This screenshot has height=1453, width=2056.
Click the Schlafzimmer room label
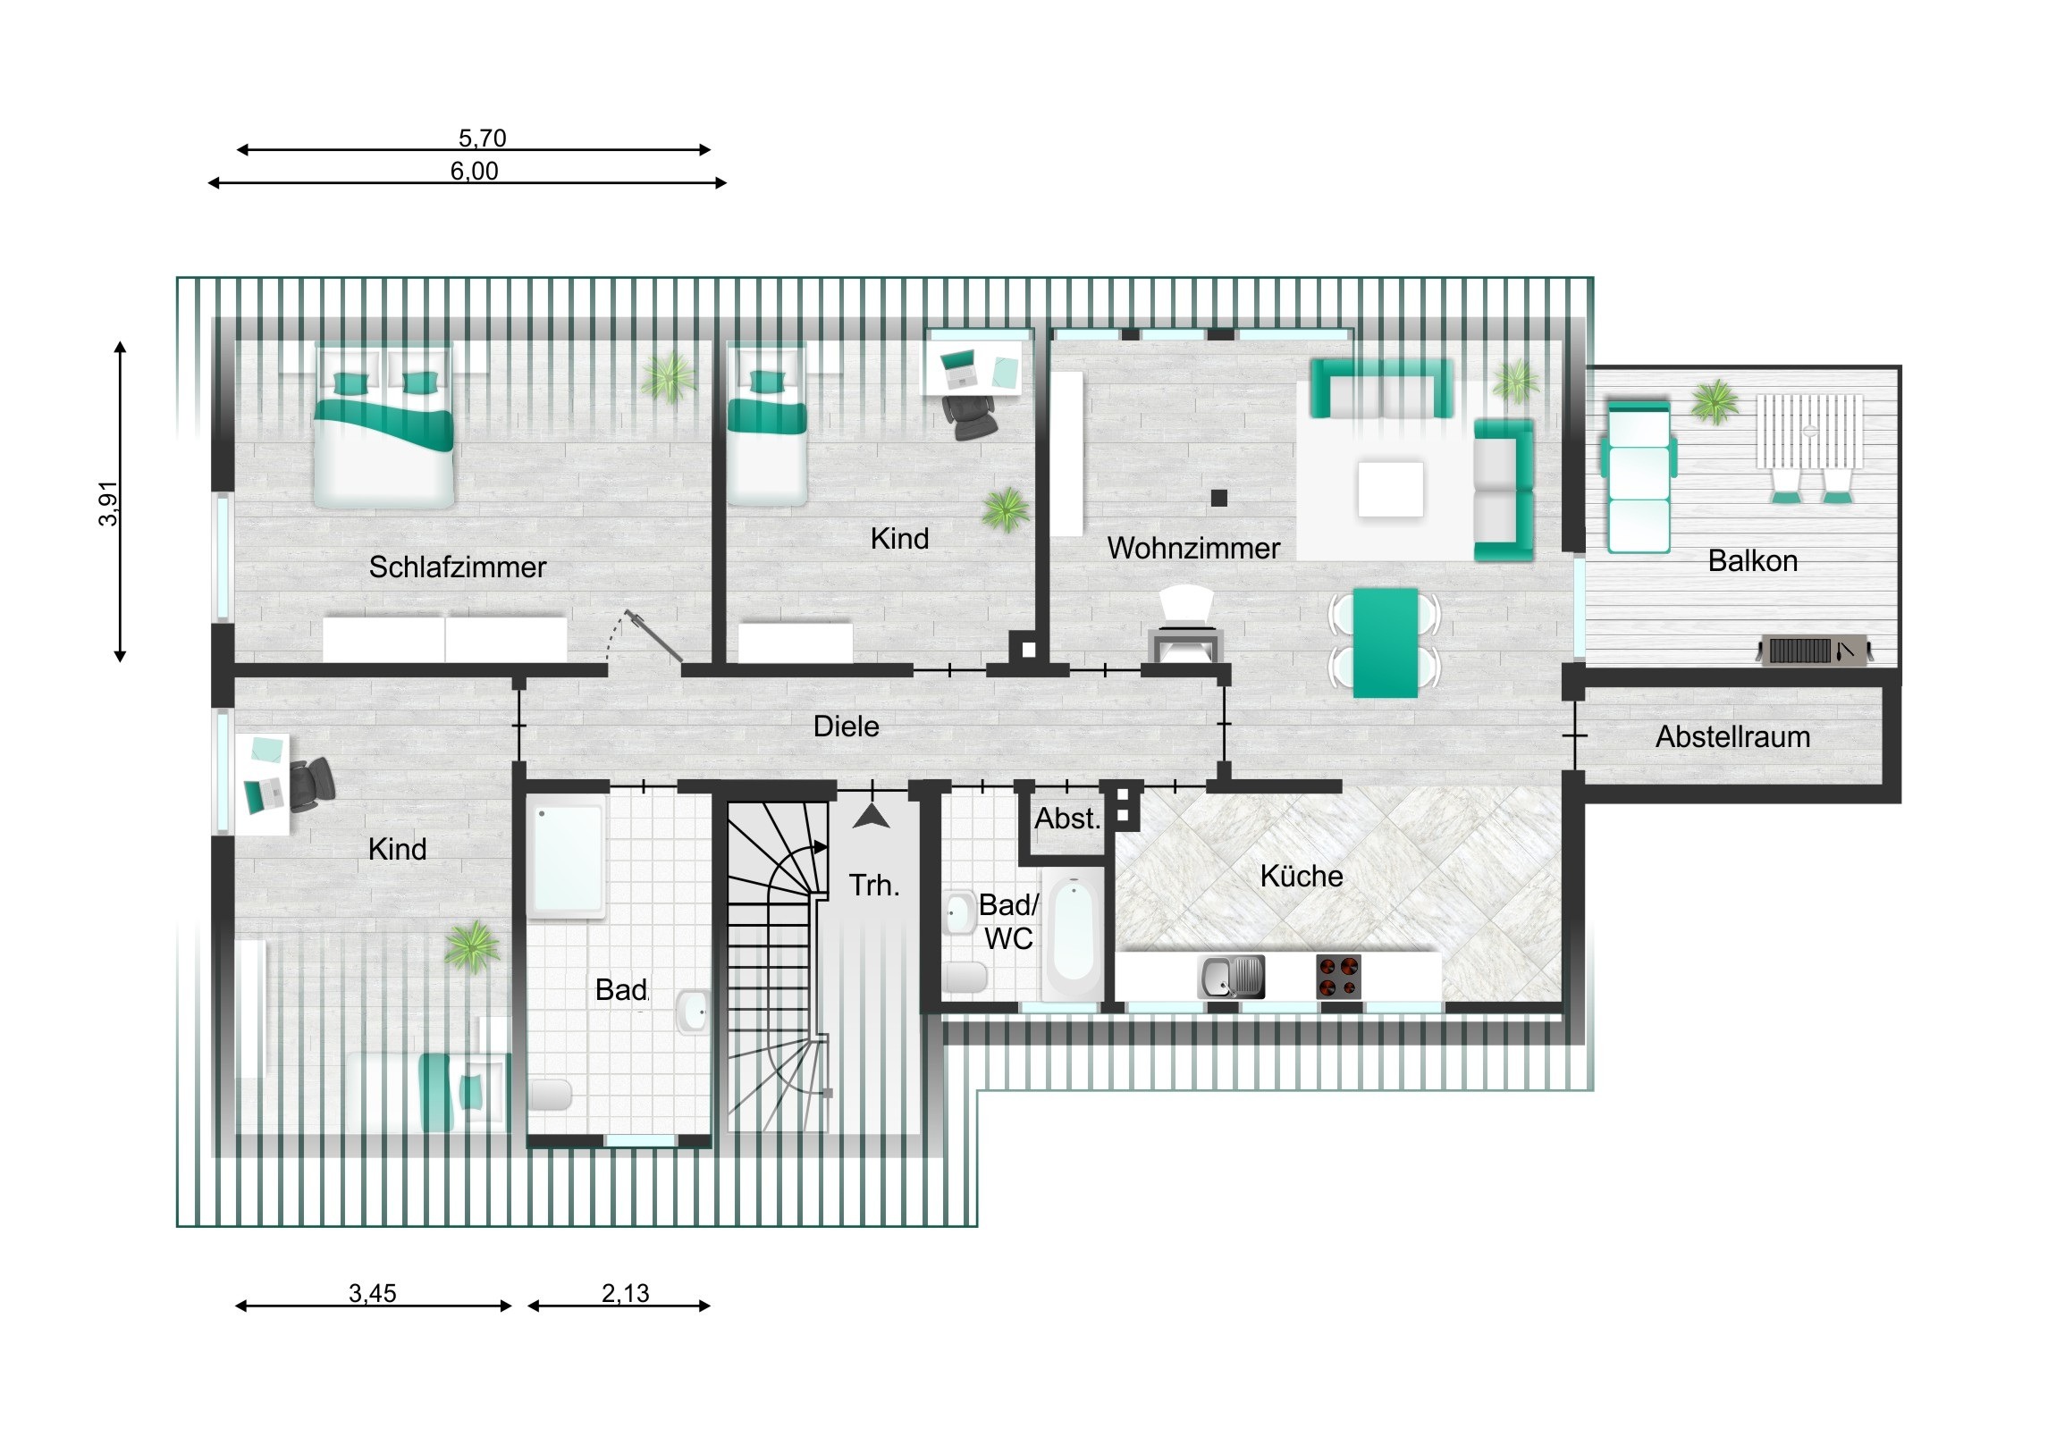pyautogui.click(x=458, y=567)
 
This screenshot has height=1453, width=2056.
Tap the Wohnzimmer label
pyautogui.click(x=1193, y=548)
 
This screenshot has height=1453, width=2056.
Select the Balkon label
pyautogui.click(x=1752, y=560)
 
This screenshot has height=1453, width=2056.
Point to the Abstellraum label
pyautogui.click(x=1732, y=737)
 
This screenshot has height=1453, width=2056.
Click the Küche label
pyautogui.click(x=1302, y=876)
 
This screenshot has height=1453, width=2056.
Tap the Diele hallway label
pyautogui.click(x=847, y=726)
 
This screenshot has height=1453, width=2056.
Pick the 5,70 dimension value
pyautogui.click(x=483, y=138)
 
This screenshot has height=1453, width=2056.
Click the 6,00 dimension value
pyautogui.click(x=475, y=171)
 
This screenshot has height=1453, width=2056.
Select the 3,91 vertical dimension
pyautogui.click(x=108, y=504)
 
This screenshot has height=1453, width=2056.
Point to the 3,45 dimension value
pyautogui.click(x=373, y=1293)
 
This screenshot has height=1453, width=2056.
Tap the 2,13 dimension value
pyautogui.click(x=625, y=1293)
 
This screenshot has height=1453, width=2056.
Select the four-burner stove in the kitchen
pyautogui.click(x=1339, y=977)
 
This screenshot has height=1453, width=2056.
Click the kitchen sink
pyautogui.click(x=1231, y=977)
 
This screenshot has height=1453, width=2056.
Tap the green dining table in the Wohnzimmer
pyautogui.click(x=1386, y=642)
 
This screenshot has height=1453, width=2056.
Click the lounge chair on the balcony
pyautogui.click(x=1639, y=477)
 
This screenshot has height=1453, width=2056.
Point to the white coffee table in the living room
pyautogui.click(x=1391, y=488)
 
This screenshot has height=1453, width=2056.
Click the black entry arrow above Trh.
pyautogui.click(x=872, y=816)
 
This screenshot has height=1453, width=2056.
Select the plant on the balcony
pyautogui.click(x=1715, y=402)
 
